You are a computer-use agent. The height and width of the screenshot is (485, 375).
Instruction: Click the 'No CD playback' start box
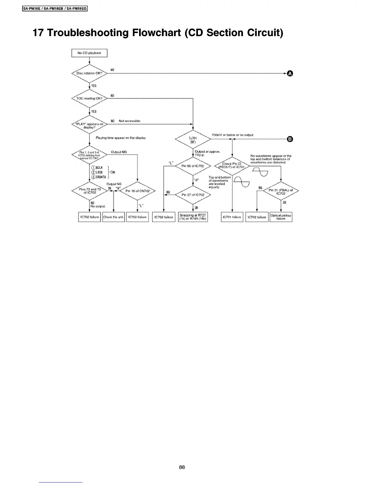pyautogui.click(x=89, y=53)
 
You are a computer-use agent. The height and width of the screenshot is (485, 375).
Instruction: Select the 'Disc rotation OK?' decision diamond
pyautogui.click(x=89, y=73)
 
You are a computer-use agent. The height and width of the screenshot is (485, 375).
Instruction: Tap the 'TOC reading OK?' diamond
pyautogui.click(x=89, y=99)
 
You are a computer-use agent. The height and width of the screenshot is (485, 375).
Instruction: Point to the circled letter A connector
pyautogui.click(x=290, y=73)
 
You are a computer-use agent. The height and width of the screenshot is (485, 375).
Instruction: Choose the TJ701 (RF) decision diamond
pyautogui.click(x=193, y=140)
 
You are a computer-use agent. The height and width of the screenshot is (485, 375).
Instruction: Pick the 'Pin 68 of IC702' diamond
pyautogui.click(x=193, y=166)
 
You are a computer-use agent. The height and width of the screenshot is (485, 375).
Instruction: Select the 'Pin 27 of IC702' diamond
pyautogui.click(x=193, y=195)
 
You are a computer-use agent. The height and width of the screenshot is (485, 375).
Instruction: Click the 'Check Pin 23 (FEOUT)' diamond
pyautogui.click(x=233, y=166)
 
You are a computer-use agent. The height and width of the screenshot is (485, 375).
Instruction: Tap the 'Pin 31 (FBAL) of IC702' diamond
pyautogui.click(x=281, y=192)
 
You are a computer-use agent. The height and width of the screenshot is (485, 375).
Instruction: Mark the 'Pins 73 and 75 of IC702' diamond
pyautogui.click(x=89, y=191)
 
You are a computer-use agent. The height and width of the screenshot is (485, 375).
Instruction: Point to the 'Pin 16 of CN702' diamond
pyautogui.click(x=137, y=191)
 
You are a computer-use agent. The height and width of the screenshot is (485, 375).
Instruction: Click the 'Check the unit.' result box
pyautogui.click(x=114, y=217)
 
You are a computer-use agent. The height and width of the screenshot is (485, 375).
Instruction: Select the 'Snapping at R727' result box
pyautogui.click(x=193, y=217)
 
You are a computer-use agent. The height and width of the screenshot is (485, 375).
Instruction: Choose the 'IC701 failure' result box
pyautogui.click(x=232, y=217)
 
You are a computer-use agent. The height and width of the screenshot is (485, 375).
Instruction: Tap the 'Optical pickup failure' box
pyautogui.click(x=281, y=217)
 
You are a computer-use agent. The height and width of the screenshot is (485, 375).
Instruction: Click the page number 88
pyautogui.click(x=182, y=467)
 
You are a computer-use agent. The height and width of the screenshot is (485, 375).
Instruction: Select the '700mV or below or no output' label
pyautogui.click(x=232, y=135)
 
